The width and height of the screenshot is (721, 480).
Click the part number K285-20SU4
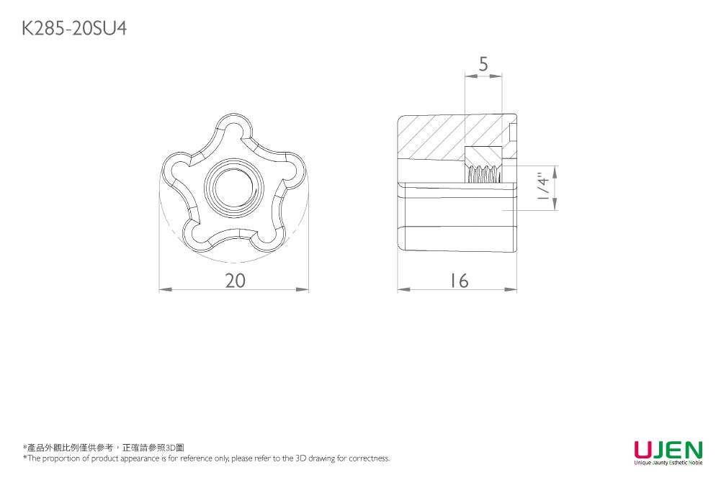click(74, 29)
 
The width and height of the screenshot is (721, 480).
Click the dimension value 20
click(235, 281)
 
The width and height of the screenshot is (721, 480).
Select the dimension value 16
click(458, 281)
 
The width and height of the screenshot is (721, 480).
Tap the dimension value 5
click(483, 64)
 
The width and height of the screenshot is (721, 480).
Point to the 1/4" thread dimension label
click(544, 186)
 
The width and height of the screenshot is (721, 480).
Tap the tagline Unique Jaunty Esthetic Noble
click(668, 463)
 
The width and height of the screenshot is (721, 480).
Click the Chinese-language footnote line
click(104, 448)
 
